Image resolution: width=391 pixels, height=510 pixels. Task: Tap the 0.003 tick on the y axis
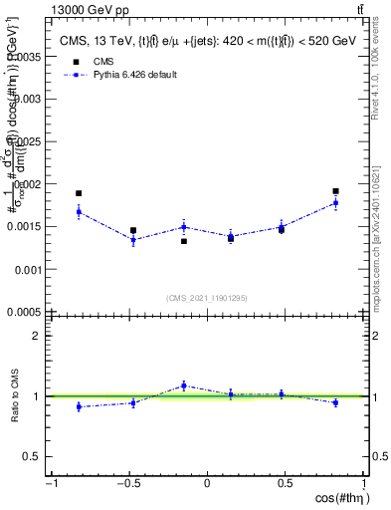27,99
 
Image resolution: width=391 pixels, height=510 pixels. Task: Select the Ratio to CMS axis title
16,396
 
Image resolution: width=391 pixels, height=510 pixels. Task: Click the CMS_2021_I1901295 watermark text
207,298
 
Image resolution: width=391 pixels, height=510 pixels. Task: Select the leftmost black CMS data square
79,193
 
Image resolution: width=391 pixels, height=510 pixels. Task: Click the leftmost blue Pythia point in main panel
79,211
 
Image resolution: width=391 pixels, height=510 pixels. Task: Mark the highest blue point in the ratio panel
184,385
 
